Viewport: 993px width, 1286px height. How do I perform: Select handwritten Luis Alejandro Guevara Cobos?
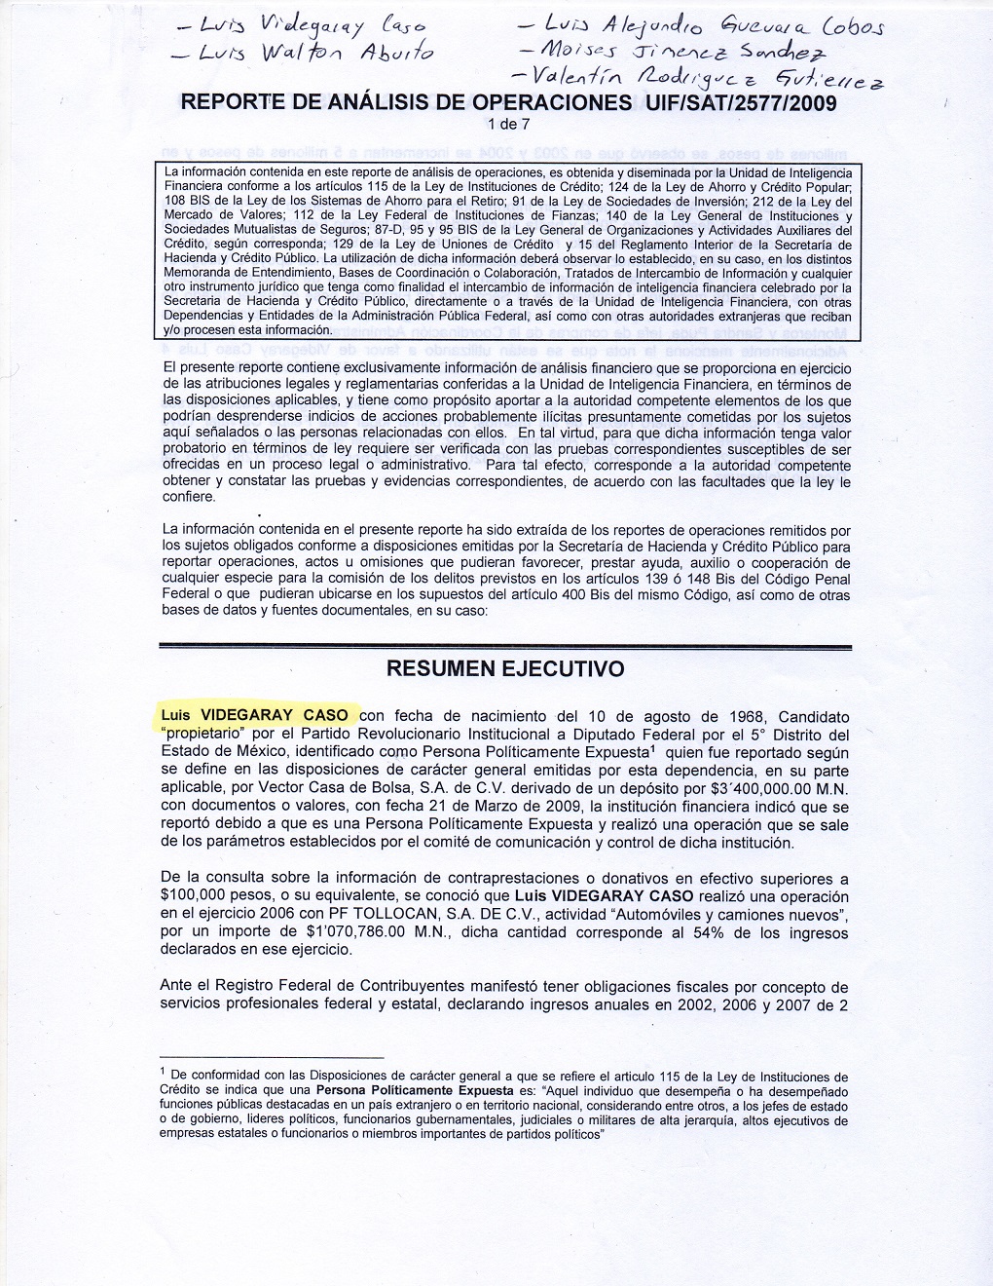(x=699, y=21)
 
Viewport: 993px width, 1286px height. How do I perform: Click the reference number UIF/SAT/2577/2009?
(x=737, y=103)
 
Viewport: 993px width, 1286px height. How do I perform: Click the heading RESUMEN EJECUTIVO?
(x=505, y=669)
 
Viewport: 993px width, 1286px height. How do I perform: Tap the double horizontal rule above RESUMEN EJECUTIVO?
(x=505, y=646)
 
